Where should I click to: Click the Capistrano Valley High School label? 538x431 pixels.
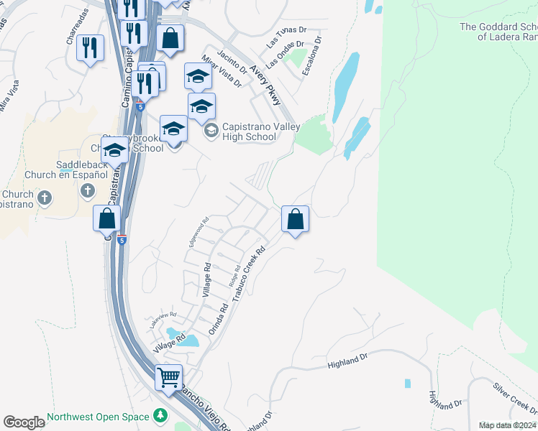pyautogui.click(x=249, y=131)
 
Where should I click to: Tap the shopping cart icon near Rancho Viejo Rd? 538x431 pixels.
pyautogui.click(x=169, y=376)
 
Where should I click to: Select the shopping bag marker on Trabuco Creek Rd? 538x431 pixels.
pyautogui.click(x=295, y=218)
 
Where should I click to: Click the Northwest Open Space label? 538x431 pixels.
pyautogui.click(x=98, y=417)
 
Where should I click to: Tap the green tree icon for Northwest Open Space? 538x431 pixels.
pyautogui.click(x=160, y=417)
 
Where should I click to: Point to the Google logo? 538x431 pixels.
pyautogui.click(x=24, y=422)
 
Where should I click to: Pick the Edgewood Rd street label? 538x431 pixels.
pyautogui.click(x=198, y=232)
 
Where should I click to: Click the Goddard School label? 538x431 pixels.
pyautogui.click(x=498, y=32)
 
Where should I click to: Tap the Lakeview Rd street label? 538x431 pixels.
pyautogui.click(x=163, y=320)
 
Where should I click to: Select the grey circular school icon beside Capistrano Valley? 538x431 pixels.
pyautogui.click(x=211, y=131)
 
